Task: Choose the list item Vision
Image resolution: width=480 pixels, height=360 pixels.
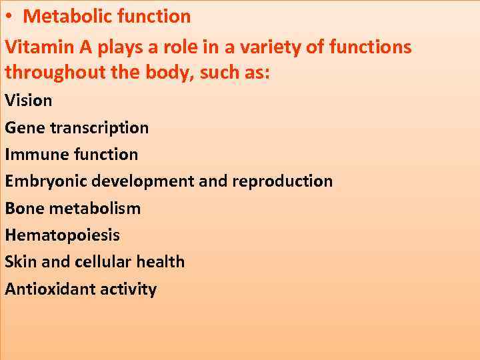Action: pos(28,101)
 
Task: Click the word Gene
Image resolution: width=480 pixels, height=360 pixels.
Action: pos(23,127)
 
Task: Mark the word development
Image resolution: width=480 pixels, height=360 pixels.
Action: pos(143,181)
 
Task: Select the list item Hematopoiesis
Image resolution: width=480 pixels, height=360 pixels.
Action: pos(63,235)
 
